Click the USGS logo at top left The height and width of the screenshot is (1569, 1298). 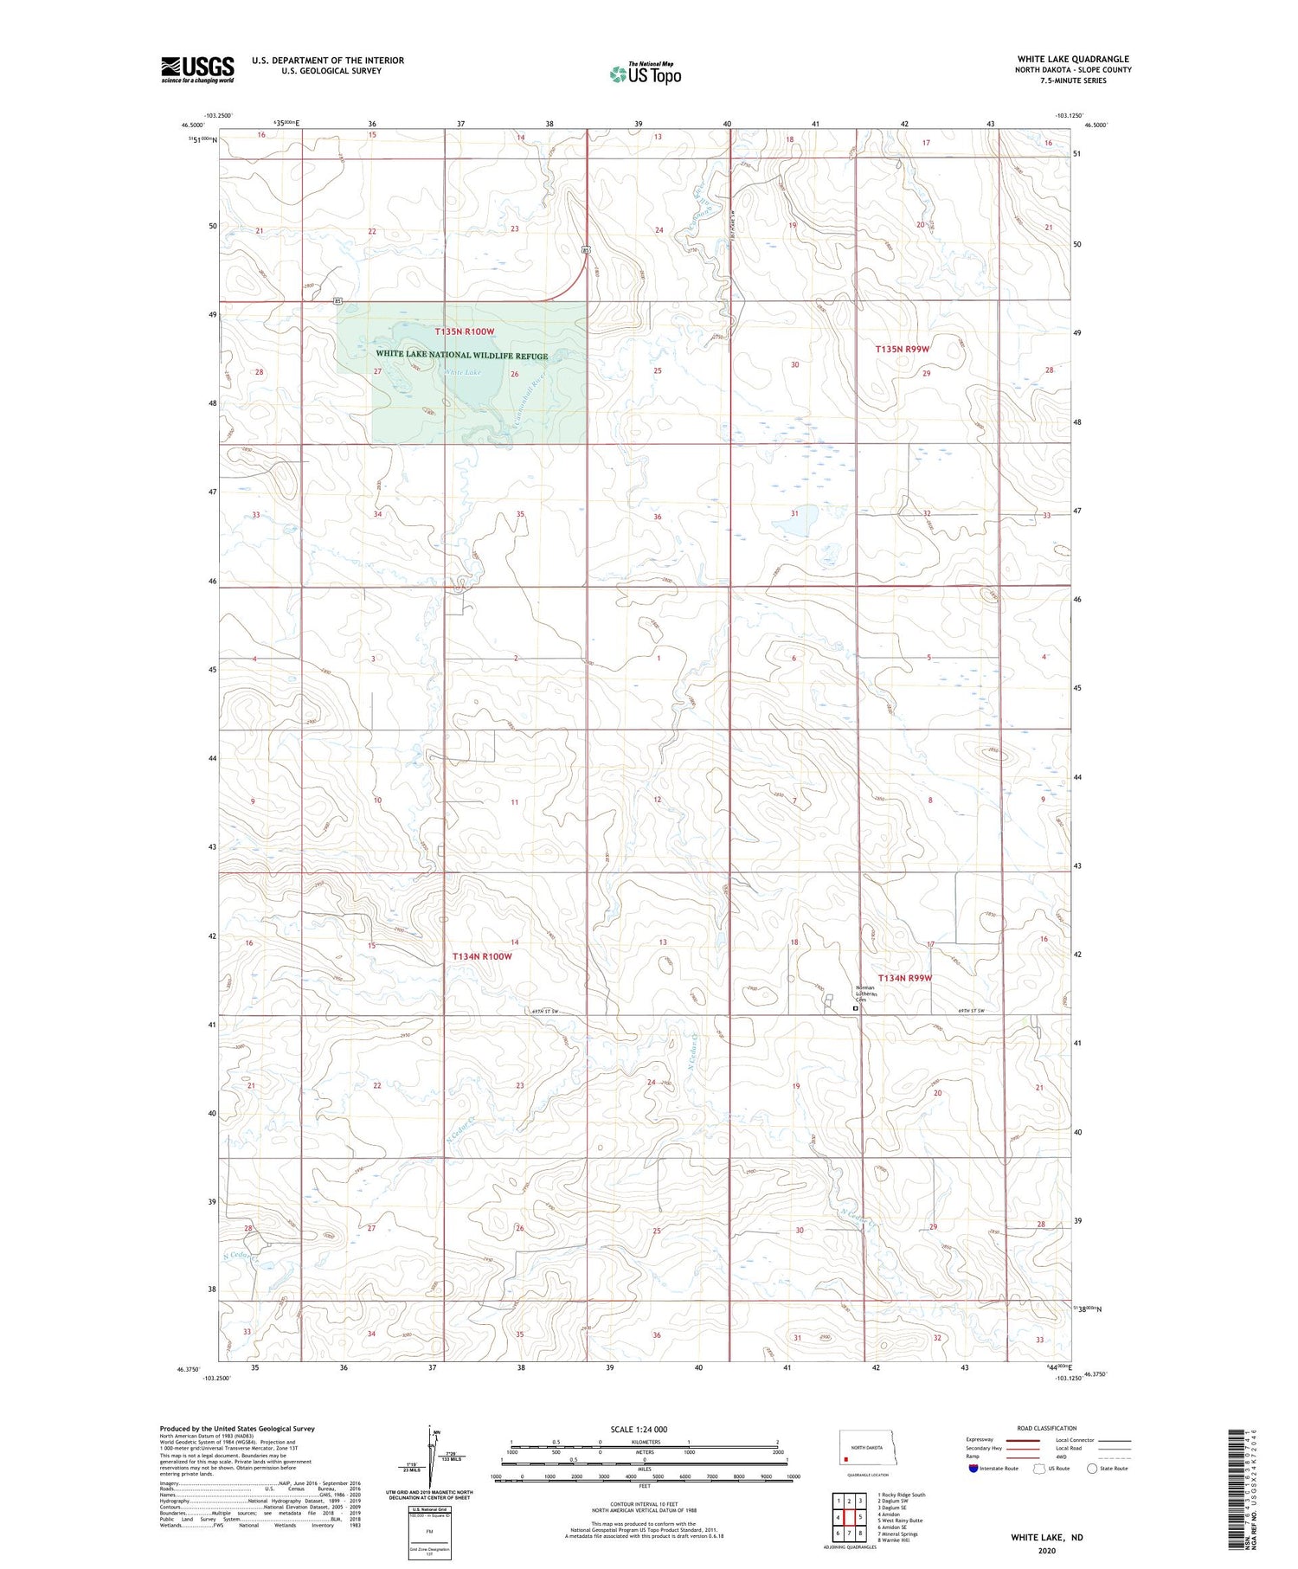[x=197, y=69]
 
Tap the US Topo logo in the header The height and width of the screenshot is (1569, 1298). [x=646, y=74]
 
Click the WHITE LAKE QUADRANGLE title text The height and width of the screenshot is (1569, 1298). [x=1073, y=59]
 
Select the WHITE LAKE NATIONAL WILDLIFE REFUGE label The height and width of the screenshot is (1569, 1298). [x=461, y=355]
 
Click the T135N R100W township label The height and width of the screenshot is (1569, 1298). [x=464, y=331]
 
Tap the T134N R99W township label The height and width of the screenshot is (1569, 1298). [x=905, y=978]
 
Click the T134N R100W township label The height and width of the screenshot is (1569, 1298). [x=482, y=956]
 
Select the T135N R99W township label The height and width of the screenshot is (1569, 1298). [x=903, y=349]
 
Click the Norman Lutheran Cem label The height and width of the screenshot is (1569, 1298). [x=865, y=993]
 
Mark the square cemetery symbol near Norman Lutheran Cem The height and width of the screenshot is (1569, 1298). [x=856, y=1008]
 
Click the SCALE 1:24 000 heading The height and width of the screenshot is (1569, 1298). [x=644, y=1429]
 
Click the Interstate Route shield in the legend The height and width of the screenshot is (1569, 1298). [x=973, y=1469]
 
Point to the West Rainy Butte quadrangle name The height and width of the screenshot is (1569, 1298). [x=901, y=1520]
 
